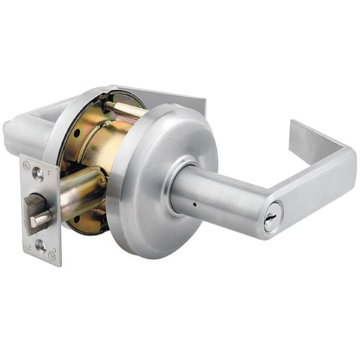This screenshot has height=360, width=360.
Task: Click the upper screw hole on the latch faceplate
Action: (38, 174)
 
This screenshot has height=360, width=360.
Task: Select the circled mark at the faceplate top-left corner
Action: (26, 163)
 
